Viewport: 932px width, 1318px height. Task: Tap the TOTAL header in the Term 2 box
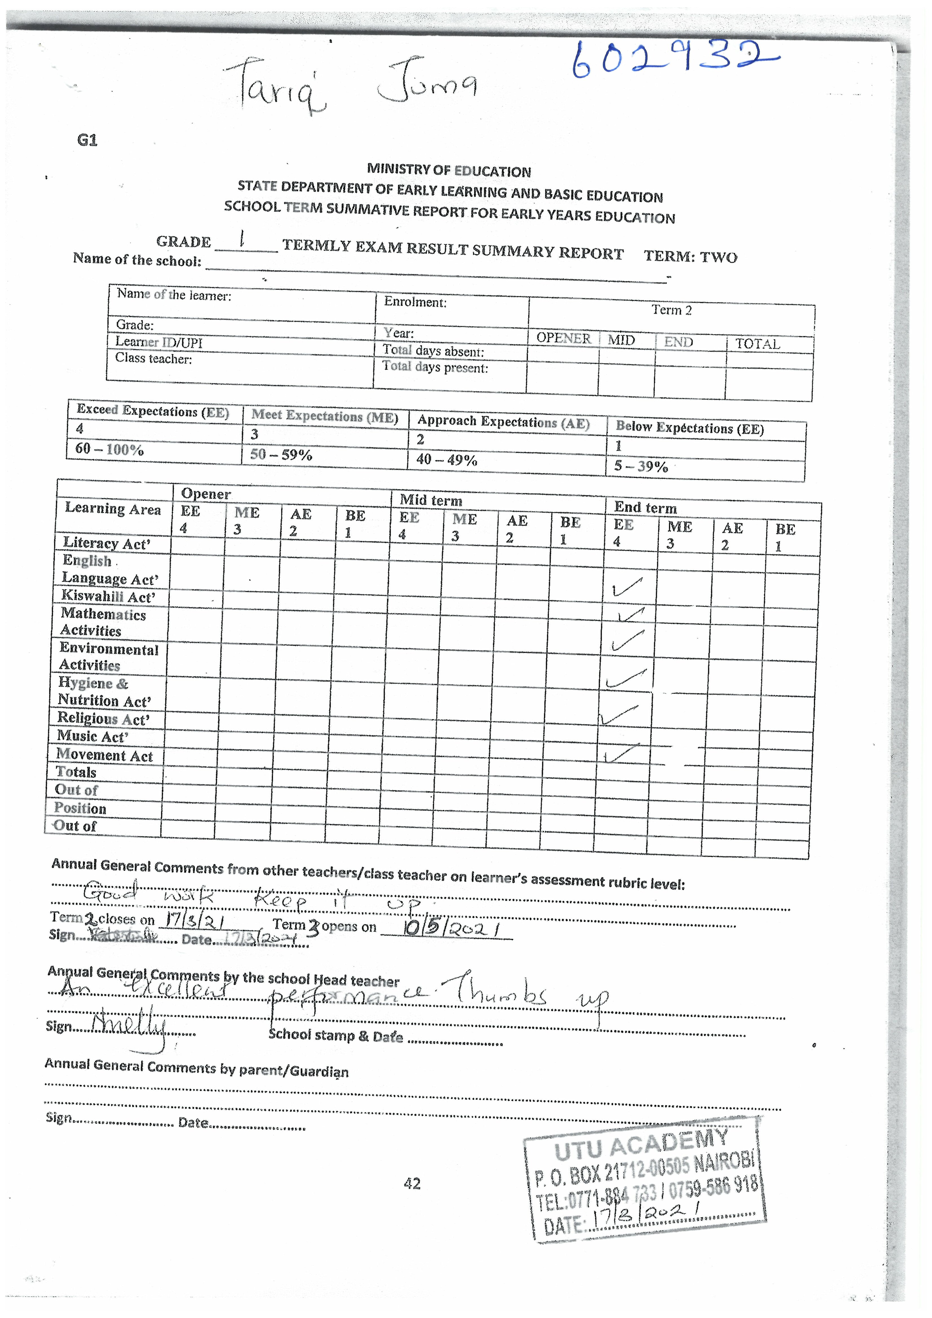click(758, 344)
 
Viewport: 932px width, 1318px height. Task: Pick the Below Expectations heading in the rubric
click(689, 428)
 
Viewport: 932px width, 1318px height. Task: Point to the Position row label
click(80, 808)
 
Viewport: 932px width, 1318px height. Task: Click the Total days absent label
click(433, 351)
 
